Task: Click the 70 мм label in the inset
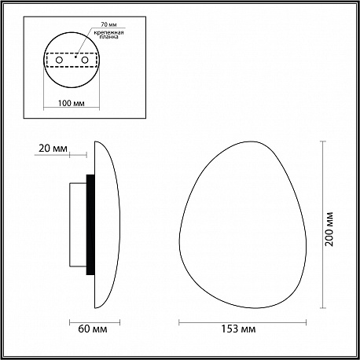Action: (x=108, y=24)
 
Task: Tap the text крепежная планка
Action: (x=108, y=35)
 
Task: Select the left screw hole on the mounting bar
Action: (x=59, y=60)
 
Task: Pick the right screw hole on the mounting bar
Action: (x=84, y=60)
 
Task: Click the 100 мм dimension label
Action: (x=71, y=103)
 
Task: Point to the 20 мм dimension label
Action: (x=53, y=149)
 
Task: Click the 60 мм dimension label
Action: (x=93, y=329)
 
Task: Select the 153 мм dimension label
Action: (x=238, y=329)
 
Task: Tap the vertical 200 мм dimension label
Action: (x=329, y=229)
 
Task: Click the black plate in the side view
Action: (x=90, y=225)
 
